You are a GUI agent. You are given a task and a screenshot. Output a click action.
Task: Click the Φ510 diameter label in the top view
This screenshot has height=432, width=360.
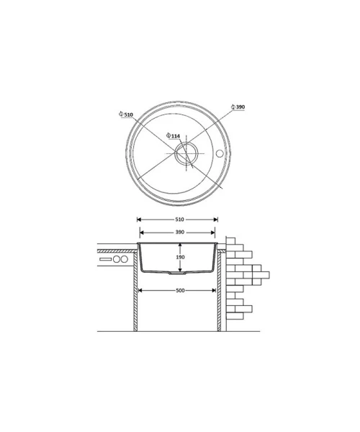pyautogui.click(x=126, y=114)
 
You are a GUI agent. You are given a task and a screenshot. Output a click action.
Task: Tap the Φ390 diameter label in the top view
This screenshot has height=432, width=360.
pyautogui.click(x=238, y=107)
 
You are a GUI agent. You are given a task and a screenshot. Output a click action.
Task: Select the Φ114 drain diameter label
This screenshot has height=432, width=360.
pyautogui.click(x=174, y=136)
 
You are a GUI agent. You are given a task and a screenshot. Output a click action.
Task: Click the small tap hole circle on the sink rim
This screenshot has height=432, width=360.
pyautogui.click(x=220, y=153)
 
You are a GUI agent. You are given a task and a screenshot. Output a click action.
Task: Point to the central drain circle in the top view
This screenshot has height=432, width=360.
pyautogui.click(x=186, y=153)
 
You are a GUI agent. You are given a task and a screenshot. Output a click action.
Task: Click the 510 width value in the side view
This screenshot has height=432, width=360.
pyautogui.click(x=179, y=220)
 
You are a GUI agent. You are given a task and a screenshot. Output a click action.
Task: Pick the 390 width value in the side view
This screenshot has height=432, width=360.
pyautogui.click(x=179, y=233)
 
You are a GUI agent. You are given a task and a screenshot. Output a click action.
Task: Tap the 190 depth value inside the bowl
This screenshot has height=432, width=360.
pyautogui.click(x=180, y=257)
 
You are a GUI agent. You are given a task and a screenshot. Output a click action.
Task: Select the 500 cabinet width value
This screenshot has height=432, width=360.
pyautogui.click(x=180, y=290)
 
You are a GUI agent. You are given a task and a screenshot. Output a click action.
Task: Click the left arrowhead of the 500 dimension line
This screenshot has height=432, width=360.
pyautogui.click(x=140, y=290)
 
